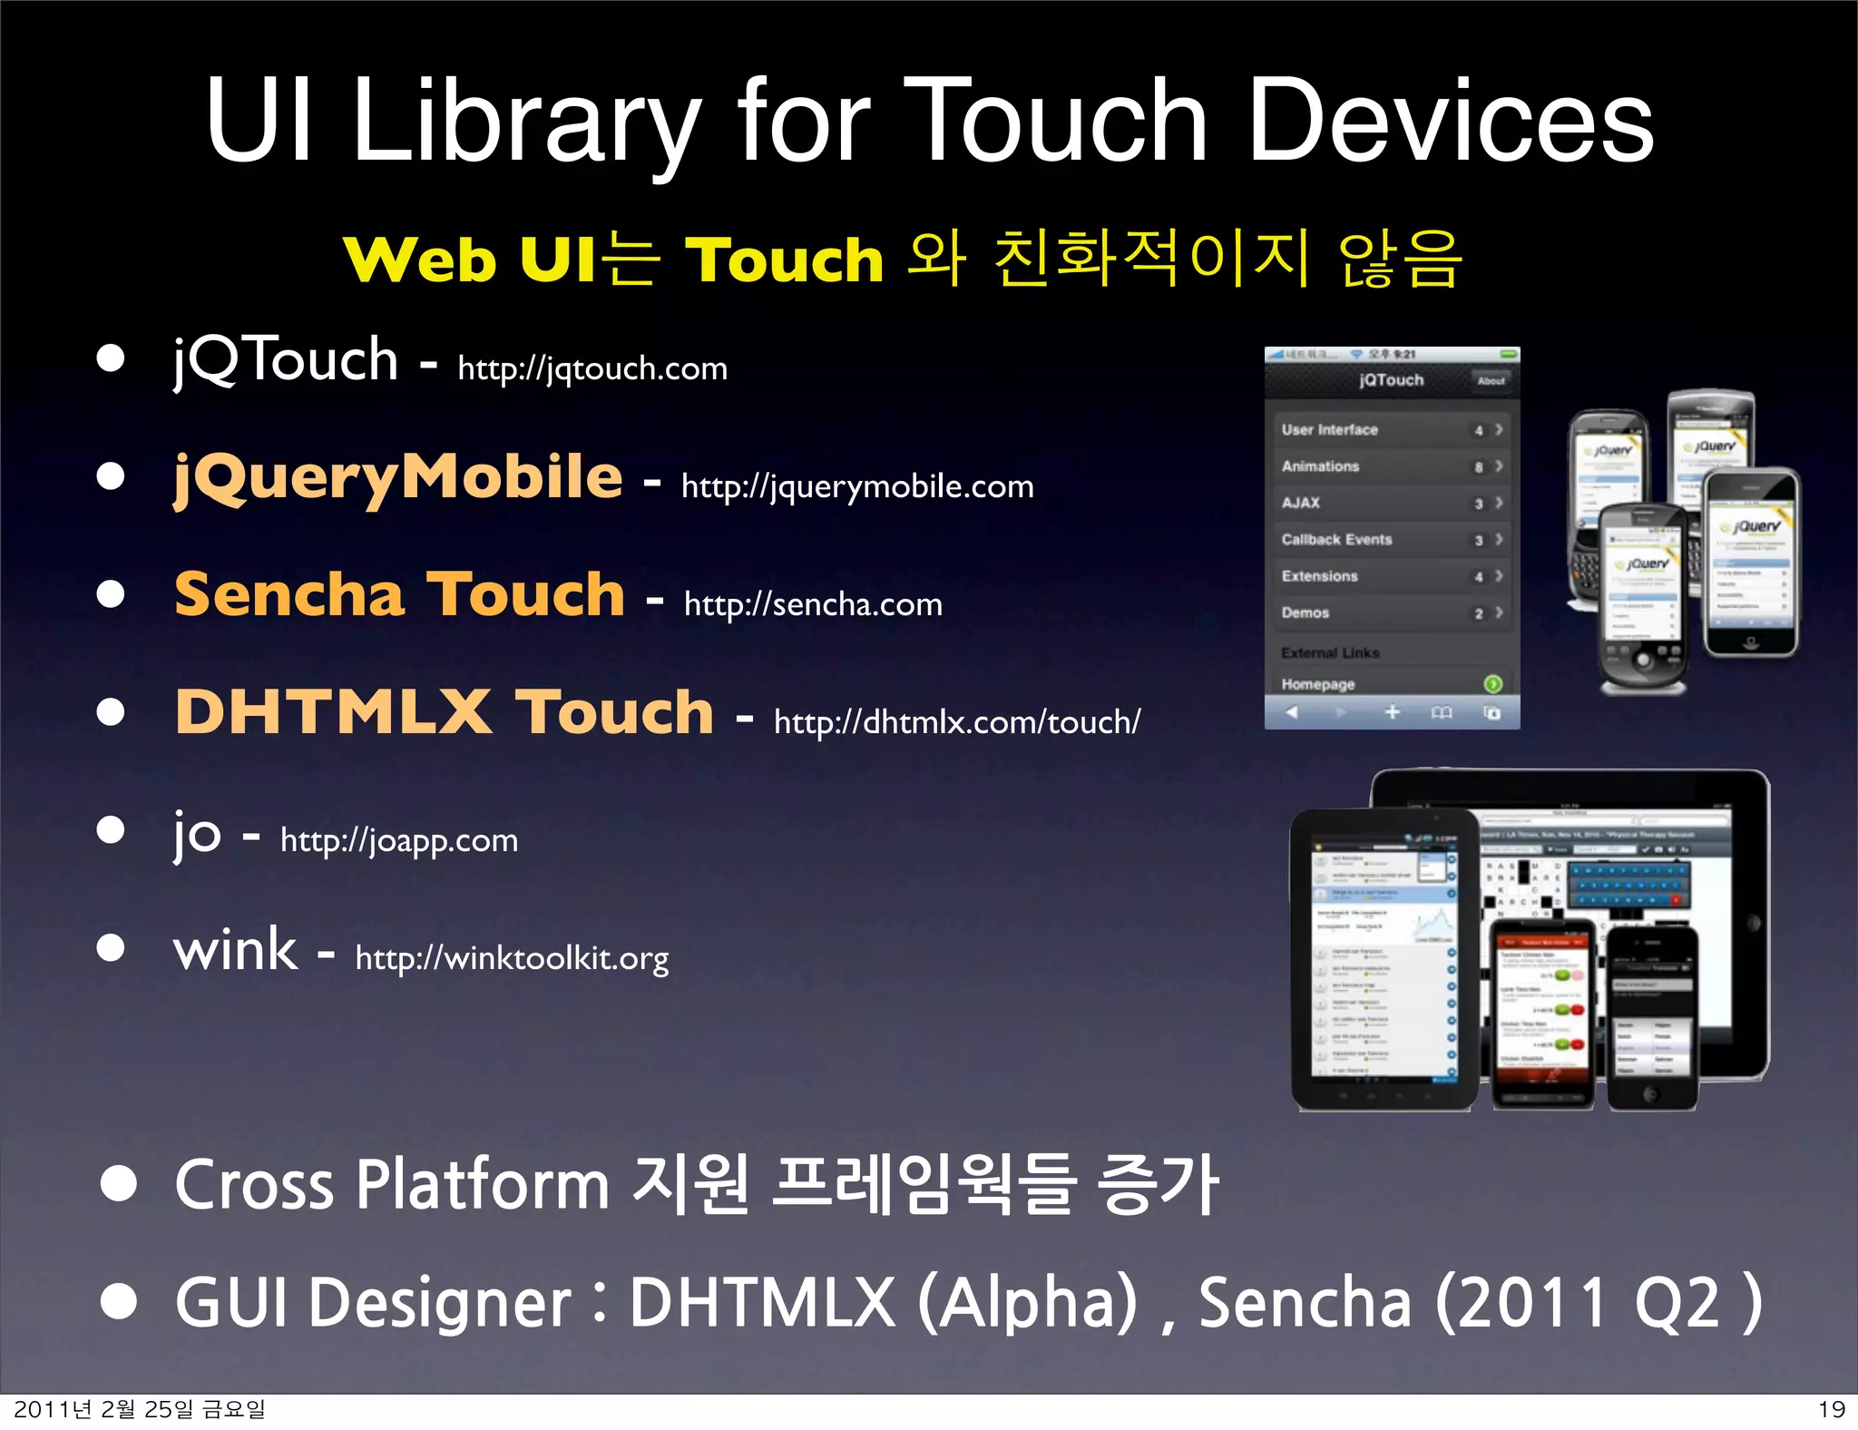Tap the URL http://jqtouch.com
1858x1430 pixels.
point(592,368)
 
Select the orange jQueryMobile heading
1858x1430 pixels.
point(398,477)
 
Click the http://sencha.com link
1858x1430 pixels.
point(813,604)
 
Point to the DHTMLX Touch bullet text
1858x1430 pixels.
point(445,711)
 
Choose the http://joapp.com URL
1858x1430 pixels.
point(399,840)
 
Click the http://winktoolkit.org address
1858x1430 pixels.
point(512,958)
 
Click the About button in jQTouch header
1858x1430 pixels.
point(1491,381)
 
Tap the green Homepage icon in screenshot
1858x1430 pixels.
point(1492,683)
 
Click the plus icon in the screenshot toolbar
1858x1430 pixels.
point(1393,712)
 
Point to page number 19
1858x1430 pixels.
point(1832,1409)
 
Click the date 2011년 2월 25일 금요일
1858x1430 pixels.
point(140,1409)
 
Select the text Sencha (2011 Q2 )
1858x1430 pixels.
point(1479,1302)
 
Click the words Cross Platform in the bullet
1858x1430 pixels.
point(390,1184)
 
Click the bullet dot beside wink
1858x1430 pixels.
point(111,948)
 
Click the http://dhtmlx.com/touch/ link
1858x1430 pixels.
point(957,722)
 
